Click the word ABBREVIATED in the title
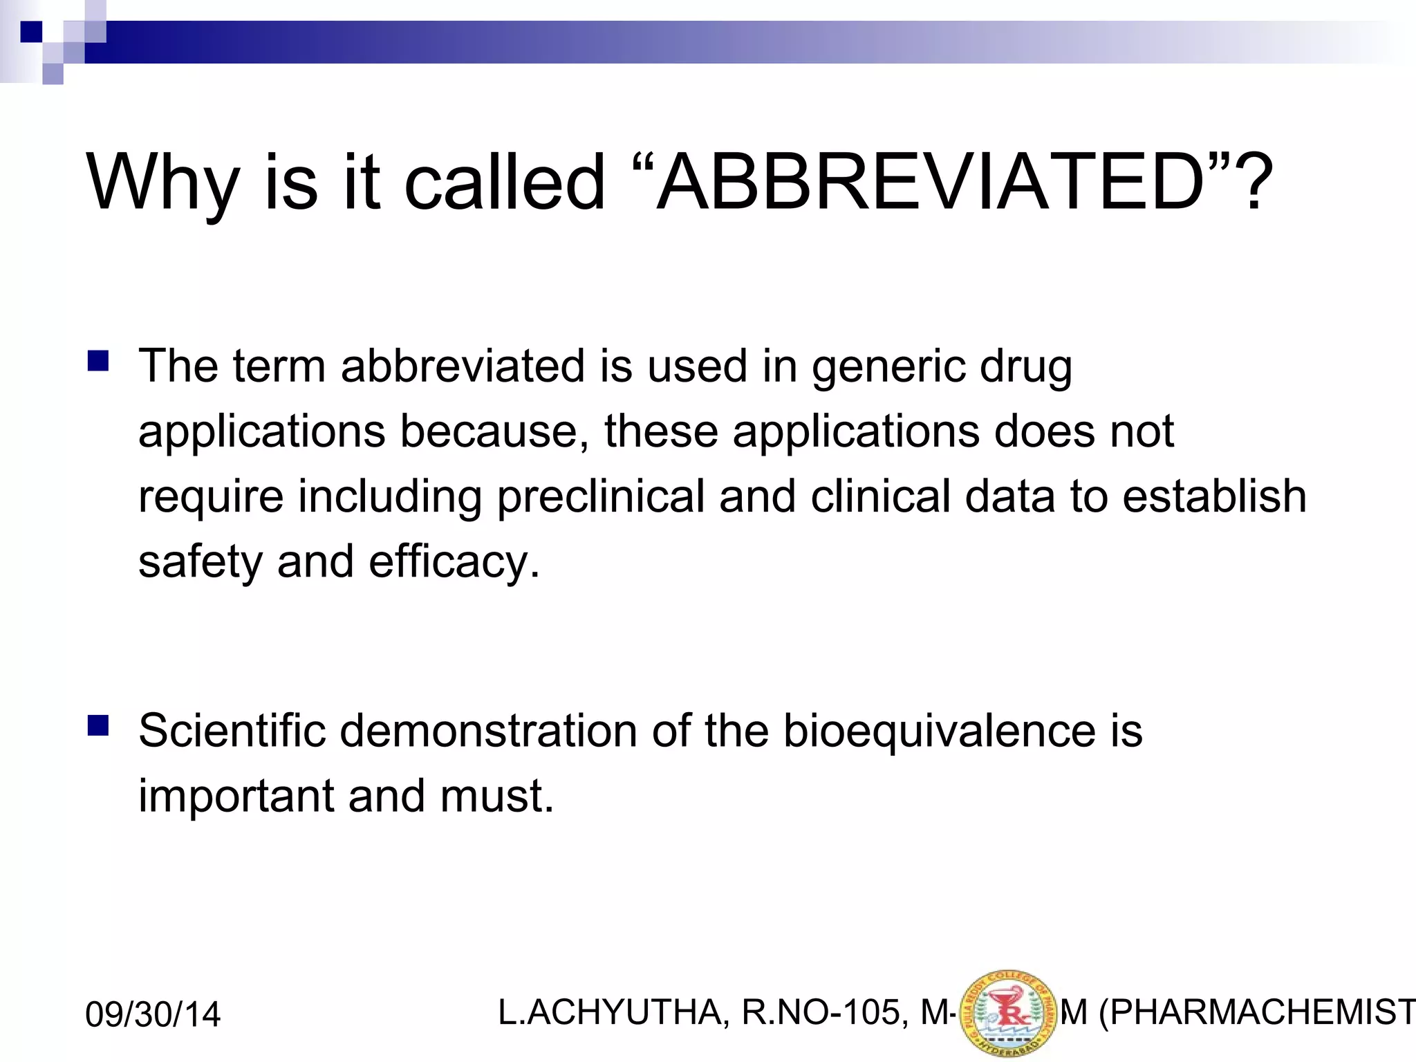(930, 183)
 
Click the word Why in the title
(163, 183)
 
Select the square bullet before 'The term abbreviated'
(97, 362)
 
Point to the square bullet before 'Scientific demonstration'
(97, 726)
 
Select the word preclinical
(599, 496)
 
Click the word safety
(201, 561)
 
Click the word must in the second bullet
(496, 796)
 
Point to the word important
(236, 796)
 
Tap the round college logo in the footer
(1009, 1014)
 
